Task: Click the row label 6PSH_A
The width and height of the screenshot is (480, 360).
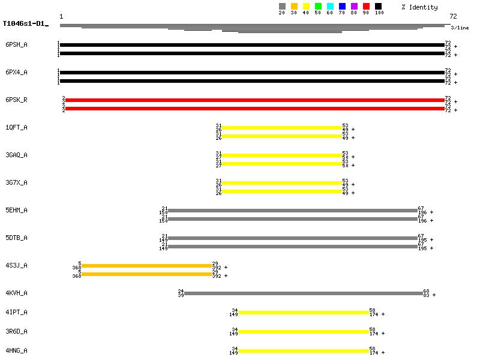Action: (17, 44)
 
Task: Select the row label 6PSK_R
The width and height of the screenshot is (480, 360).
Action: (17, 100)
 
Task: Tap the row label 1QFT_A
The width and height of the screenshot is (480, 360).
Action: (17, 127)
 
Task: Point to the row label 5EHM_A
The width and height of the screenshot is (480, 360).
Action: (17, 210)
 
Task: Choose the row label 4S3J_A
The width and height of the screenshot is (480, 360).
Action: (17, 265)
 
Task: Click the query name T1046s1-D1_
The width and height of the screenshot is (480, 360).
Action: (25, 24)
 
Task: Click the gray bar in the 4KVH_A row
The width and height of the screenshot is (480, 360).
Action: (304, 293)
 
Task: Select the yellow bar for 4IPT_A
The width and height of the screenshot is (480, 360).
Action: (304, 313)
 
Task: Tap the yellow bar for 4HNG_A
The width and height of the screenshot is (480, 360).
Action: (304, 351)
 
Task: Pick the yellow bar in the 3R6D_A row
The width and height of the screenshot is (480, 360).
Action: (304, 332)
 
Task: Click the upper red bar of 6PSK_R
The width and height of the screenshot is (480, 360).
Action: (255, 100)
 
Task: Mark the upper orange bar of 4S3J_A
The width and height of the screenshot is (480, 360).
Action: (146, 266)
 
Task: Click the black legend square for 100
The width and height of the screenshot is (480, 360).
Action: (378, 6)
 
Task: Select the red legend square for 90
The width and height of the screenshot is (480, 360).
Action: (366, 6)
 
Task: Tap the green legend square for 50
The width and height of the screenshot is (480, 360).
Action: (318, 6)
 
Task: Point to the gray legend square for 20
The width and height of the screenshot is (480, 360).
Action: (282, 6)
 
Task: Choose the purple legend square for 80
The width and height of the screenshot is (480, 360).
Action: (354, 6)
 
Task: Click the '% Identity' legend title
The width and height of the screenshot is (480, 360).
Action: (420, 7)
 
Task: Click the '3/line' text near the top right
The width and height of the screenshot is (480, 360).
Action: (460, 28)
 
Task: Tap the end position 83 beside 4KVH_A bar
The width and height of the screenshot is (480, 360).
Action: (427, 295)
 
